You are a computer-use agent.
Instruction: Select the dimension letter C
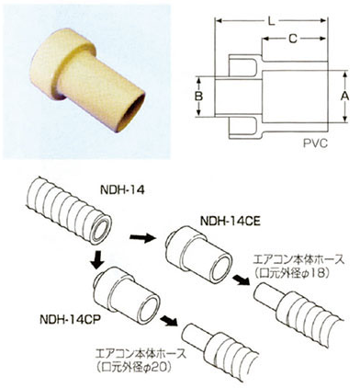point(292,40)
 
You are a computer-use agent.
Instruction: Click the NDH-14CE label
point(229,221)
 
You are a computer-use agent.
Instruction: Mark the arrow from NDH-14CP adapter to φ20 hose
point(167,323)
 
